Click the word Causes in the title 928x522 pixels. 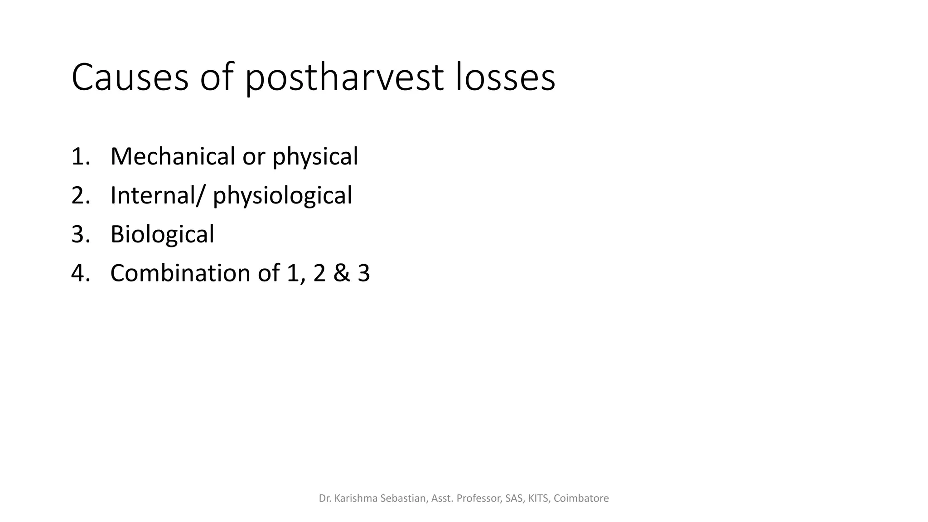(130, 78)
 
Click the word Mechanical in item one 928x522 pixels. (173, 156)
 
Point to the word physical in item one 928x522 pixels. (315, 157)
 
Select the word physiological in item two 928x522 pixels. (282, 196)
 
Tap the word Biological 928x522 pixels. (162, 235)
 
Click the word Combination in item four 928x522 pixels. (181, 273)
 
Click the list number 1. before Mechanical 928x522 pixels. (80, 156)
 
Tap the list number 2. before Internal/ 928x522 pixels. (80, 195)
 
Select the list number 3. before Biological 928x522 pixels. (80, 235)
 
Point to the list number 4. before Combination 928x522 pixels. (80, 273)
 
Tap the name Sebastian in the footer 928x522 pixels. (403, 498)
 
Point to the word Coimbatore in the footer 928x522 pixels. (581, 498)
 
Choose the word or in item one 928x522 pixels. (253, 156)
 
